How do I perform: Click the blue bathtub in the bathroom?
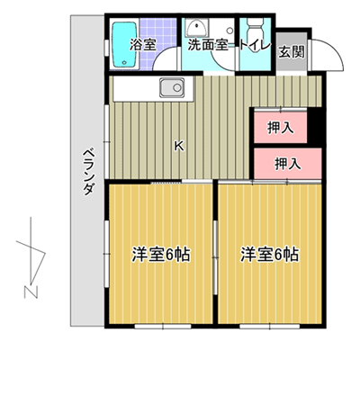click(x=125, y=44)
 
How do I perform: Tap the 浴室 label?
click(x=143, y=45)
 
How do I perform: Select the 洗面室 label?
click(x=208, y=45)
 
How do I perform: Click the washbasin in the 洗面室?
click(x=196, y=28)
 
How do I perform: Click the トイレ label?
click(x=255, y=45)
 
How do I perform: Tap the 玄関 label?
click(x=292, y=51)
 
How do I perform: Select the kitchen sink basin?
click(x=172, y=87)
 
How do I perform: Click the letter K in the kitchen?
click(x=179, y=146)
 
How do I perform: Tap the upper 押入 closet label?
click(x=281, y=128)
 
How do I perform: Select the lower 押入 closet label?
click(x=288, y=164)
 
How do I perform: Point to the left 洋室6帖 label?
click(x=161, y=255)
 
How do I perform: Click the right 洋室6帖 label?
click(x=269, y=255)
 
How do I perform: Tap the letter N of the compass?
click(x=31, y=292)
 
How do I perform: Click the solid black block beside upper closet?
click(x=314, y=125)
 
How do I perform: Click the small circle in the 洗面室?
click(x=229, y=31)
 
